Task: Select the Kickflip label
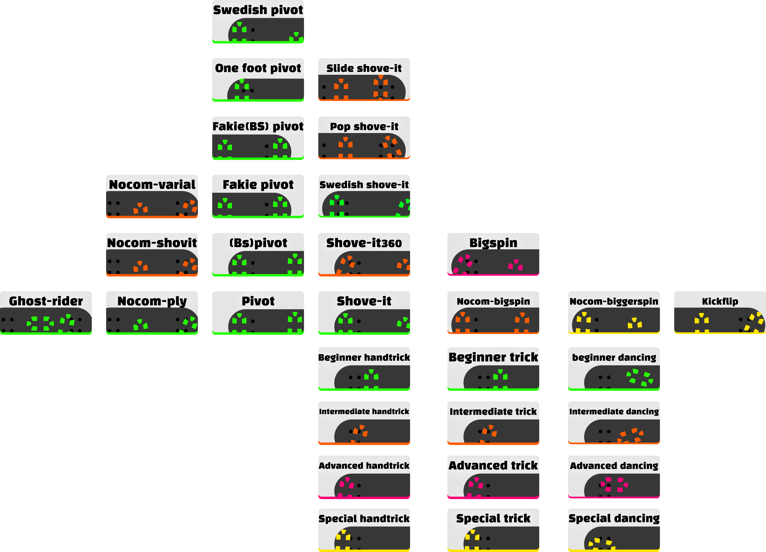[x=720, y=301]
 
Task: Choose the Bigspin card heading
[x=493, y=243]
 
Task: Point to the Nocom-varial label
[x=152, y=185]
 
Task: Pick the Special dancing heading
[x=614, y=518]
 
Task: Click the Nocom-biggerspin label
[x=614, y=301]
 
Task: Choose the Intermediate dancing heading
[x=614, y=412]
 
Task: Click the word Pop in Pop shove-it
[x=340, y=127]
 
